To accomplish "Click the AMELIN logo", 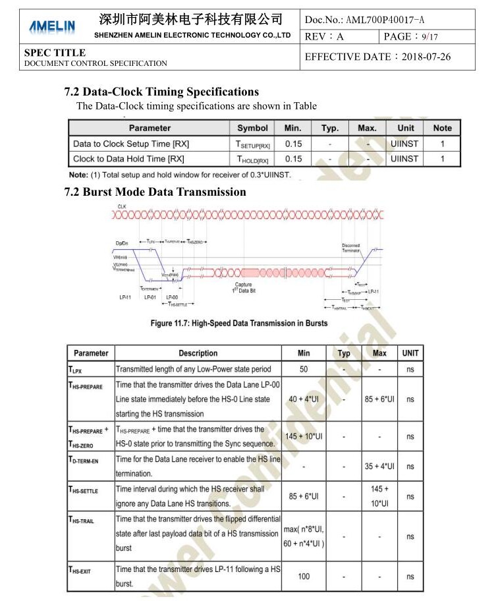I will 52,27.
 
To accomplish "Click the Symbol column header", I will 252,128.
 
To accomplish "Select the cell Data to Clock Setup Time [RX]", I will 131,144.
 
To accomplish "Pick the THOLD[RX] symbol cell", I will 252,159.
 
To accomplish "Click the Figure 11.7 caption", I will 238,323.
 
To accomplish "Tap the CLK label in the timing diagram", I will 122,207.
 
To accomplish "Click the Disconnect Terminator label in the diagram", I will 351,248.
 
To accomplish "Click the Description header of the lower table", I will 198,353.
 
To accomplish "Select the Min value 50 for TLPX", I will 304,369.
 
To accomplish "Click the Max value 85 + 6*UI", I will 379,399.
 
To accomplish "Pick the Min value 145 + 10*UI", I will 304,436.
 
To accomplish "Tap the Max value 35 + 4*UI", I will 379,467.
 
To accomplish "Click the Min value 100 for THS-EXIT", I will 304,577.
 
